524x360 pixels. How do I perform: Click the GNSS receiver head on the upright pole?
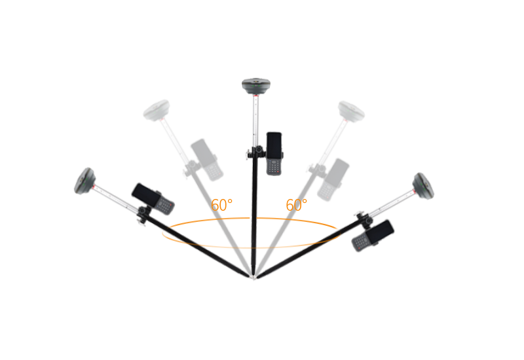(256, 86)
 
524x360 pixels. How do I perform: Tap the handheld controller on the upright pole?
(274, 154)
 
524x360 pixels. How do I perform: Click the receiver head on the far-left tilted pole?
(84, 181)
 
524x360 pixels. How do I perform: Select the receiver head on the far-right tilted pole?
(423, 186)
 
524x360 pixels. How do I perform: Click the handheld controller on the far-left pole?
(153, 199)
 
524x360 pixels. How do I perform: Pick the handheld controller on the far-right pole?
(373, 236)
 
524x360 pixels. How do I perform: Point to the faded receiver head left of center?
(157, 110)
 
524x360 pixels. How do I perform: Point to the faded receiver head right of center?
(351, 111)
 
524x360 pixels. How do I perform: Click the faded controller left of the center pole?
(207, 160)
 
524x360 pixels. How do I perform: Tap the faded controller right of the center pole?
(333, 179)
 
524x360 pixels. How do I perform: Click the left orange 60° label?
(221, 205)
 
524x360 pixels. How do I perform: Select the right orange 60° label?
(297, 205)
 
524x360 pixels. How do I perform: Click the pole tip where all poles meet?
(254, 277)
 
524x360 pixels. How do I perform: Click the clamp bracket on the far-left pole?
(143, 214)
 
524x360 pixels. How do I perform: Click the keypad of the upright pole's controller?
(274, 167)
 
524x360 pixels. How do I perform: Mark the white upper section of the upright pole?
(256, 121)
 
